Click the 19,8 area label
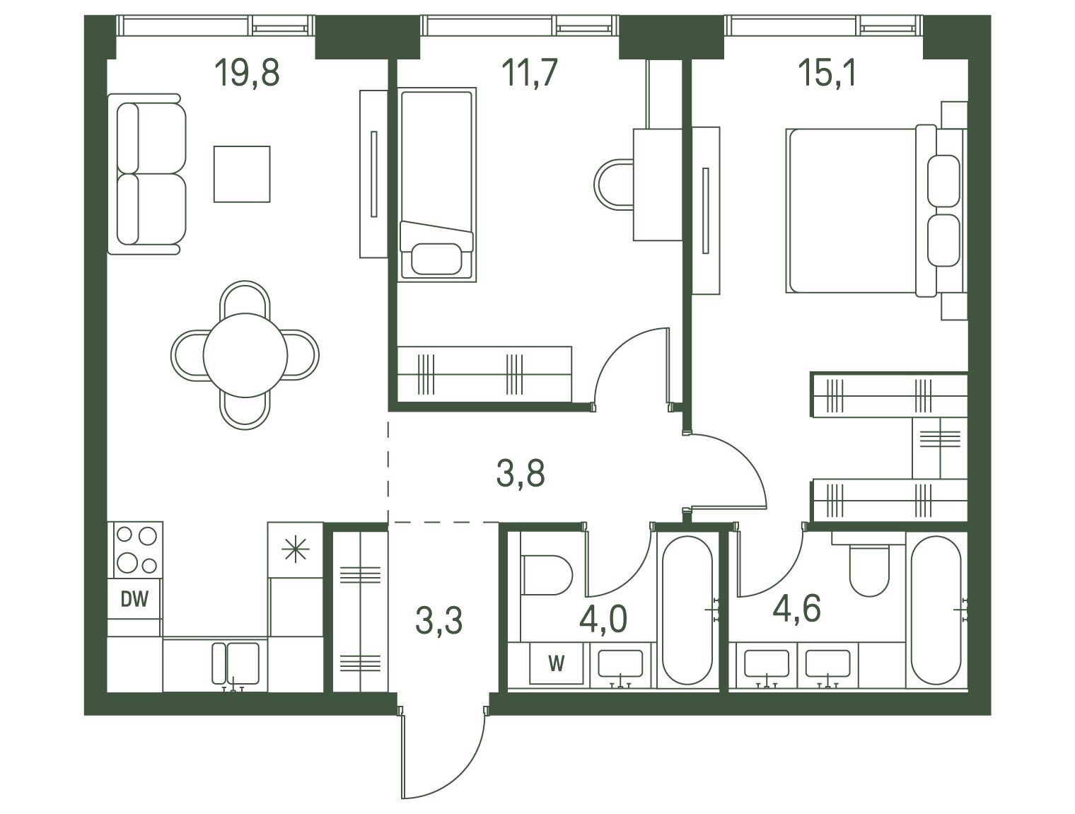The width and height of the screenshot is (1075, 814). [x=247, y=72]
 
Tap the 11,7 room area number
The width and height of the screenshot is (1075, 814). [x=529, y=72]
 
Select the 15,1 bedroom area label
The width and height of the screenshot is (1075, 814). [x=827, y=72]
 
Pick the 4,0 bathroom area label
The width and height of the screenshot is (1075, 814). [x=603, y=619]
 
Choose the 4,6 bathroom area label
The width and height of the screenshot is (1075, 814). [x=796, y=607]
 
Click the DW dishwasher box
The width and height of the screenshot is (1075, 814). [x=134, y=598]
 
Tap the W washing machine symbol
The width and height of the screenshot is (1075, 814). [x=557, y=663]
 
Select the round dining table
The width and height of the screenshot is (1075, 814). [x=245, y=355]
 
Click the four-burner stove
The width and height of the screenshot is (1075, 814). [x=136, y=549]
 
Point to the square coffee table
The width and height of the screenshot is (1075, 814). [x=242, y=174]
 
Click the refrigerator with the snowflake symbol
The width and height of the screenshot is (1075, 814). [x=296, y=549]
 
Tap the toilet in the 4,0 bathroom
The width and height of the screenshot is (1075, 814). [x=547, y=575]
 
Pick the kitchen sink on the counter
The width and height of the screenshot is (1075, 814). [x=236, y=663]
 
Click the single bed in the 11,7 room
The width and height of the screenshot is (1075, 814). [x=437, y=185]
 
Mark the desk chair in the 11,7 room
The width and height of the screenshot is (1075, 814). [x=613, y=185]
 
